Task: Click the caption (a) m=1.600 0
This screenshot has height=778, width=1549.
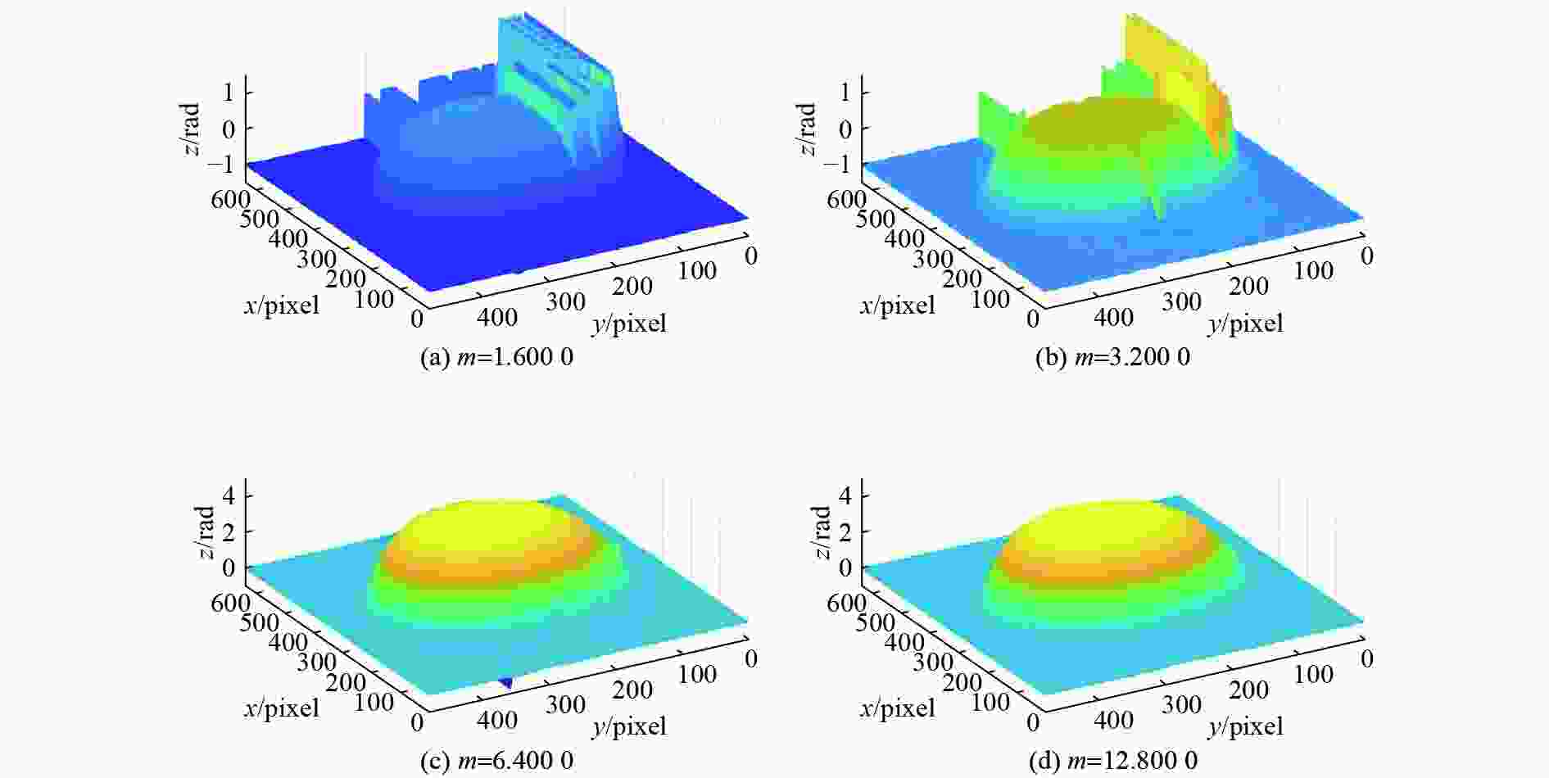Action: pos(496,358)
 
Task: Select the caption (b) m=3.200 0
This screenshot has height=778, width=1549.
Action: pos(1112,358)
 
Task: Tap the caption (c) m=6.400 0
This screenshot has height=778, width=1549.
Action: pos(496,761)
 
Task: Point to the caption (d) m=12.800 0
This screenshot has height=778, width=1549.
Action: pos(1112,761)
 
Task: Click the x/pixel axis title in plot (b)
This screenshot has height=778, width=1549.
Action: pos(897,305)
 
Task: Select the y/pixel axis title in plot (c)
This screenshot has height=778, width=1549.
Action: pos(628,726)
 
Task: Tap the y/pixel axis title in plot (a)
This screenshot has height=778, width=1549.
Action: pos(628,323)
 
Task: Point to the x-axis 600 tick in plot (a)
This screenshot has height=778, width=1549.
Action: pos(230,199)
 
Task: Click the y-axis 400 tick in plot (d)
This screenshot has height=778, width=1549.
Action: pos(1113,720)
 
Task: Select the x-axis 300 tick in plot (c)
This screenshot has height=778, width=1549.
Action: pos(316,662)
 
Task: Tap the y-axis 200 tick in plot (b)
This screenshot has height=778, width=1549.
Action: pos(1248,287)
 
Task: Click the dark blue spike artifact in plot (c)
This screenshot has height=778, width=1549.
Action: pos(506,681)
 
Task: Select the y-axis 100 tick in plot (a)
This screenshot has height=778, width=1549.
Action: pos(698,271)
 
